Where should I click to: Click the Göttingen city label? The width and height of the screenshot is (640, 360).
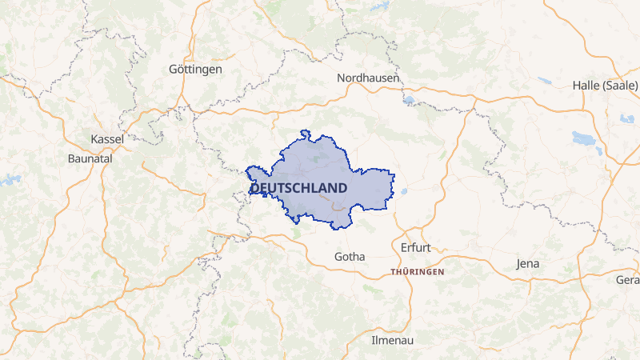coord(195,70)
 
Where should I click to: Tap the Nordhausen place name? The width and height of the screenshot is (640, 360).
coord(369,78)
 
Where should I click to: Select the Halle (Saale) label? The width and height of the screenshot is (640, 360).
coord(605,86)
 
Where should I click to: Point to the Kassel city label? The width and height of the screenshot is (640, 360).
coord(107,139)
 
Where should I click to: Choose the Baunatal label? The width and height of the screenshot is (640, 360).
coord(90,158)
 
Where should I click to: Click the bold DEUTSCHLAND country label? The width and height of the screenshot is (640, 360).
coord(298,188)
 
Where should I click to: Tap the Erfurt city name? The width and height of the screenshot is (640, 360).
coord(416,247)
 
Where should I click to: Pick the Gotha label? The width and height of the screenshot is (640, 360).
coord(349,257)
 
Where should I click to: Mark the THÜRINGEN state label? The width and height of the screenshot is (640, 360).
coord(417,272)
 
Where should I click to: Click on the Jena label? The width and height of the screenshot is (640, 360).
coord(528,263)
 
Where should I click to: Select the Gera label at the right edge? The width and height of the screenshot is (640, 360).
coord(627,279)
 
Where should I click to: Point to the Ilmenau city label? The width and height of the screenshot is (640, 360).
coord(392,340)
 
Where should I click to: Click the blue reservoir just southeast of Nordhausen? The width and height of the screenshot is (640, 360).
coord(410,100)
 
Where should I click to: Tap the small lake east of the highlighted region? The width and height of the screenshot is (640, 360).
coord(402,191)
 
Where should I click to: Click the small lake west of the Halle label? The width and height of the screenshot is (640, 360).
coord(544,81)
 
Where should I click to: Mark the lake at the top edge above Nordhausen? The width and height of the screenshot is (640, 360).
coord(378,6)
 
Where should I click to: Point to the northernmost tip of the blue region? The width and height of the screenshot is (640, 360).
coord(304,131)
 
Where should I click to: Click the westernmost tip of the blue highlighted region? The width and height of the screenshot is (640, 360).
coord(247,168)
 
